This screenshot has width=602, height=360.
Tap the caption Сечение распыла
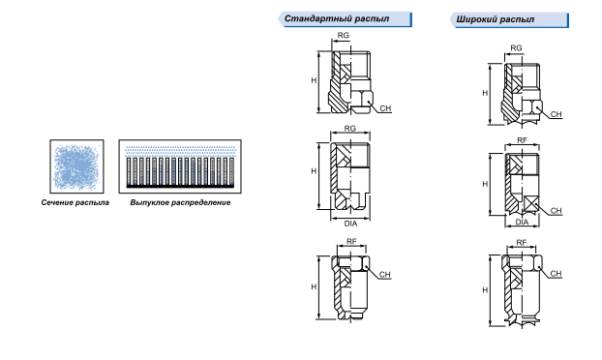pyautogui.click(x=75, y=202)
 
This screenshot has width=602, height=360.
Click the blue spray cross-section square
pyautogui.click(x=76, y=166)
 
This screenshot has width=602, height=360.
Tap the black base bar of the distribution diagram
pyautogui.click(x=180, y=186)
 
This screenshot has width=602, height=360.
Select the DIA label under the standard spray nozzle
pyautogui.click(x=350, y=224)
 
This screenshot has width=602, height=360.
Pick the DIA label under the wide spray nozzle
pyautogui.click(x=522, y=222)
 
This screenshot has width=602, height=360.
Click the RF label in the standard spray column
pyautogui.click(x=351, y=241)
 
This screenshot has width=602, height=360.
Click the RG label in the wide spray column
pyautogui.click(x=516, y=48)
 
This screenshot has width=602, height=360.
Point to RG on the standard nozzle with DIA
pyautogui.click(x=349, y=128)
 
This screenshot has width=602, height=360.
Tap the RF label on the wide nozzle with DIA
pyautogui.click(x=522, y=140)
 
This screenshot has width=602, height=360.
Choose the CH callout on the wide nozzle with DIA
pyautogui.click(x=556, y=211)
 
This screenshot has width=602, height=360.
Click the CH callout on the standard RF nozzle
pyautogui.click(x=384, y=275)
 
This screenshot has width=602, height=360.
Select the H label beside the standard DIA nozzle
pyautogui.click(x=314, y=170)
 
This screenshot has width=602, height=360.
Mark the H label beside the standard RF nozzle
pyautogui.click(x=314, y=286)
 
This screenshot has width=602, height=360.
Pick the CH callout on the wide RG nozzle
pyautogui.click(x=556, y=114)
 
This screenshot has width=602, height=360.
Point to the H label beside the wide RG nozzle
pyautogui.click(x=485, y=93)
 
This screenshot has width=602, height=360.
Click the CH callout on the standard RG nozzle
pyautogui.click(x=385, y=108)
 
